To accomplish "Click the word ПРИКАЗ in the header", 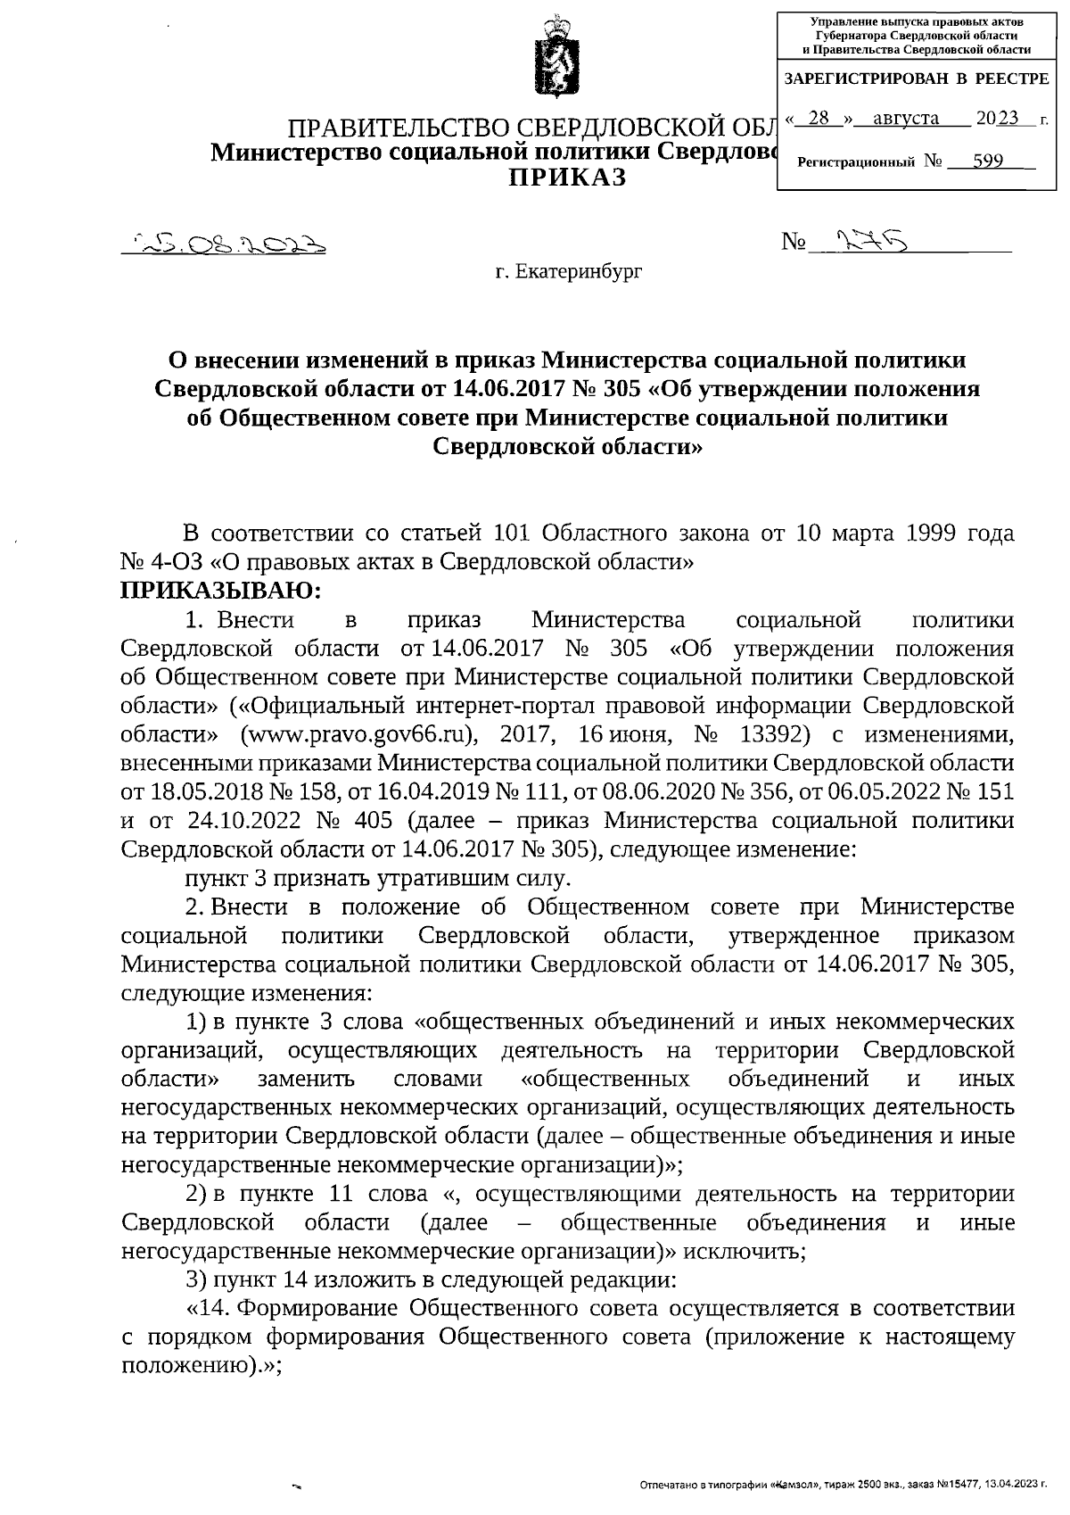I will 567,178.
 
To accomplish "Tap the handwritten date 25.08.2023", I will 226,243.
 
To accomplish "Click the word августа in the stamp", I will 905,118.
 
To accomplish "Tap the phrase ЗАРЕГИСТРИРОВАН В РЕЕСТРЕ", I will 916,79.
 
